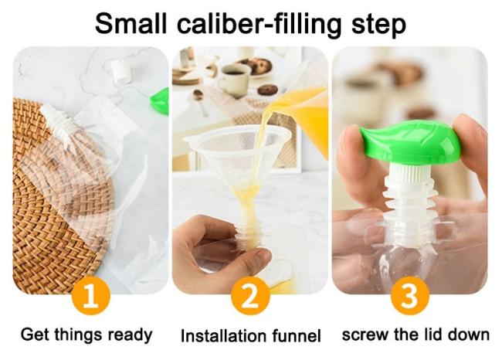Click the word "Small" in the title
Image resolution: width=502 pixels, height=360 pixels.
[131, 24]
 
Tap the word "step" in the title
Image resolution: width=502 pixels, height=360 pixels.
[378, 25]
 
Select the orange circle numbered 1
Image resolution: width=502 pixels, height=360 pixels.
[91, 296]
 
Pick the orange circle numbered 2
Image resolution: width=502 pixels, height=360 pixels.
[250, 296]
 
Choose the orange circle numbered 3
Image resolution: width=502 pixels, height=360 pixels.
[410, 296]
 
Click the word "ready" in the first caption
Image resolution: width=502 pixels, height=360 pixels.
[130, 335]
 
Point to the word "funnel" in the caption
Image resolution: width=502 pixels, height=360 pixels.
[297, 335]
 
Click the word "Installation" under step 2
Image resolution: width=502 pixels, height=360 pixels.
[224, 335]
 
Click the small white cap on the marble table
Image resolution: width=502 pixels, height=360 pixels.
[122, 72]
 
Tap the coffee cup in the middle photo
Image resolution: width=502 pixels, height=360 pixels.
[234, 80]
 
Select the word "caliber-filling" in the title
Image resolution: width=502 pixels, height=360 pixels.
[259, 25]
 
